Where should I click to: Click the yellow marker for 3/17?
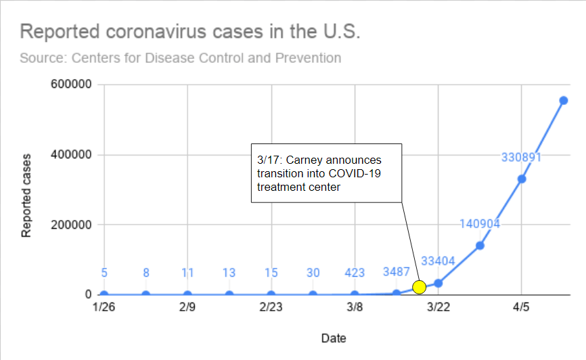coord(420,287)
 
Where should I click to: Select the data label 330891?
coord(522,157)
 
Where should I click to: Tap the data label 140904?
coord(480,224)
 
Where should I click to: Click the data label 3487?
coord(397,273)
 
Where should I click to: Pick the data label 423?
coord(355,273)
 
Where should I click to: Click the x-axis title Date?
coord(334,337)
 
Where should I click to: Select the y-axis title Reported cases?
coord(26,196)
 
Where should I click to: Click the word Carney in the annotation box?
coord(302,160)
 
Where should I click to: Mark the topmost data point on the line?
coord(563,100)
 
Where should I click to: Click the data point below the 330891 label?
coord(522,179)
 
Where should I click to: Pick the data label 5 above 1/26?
coord(104,273)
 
